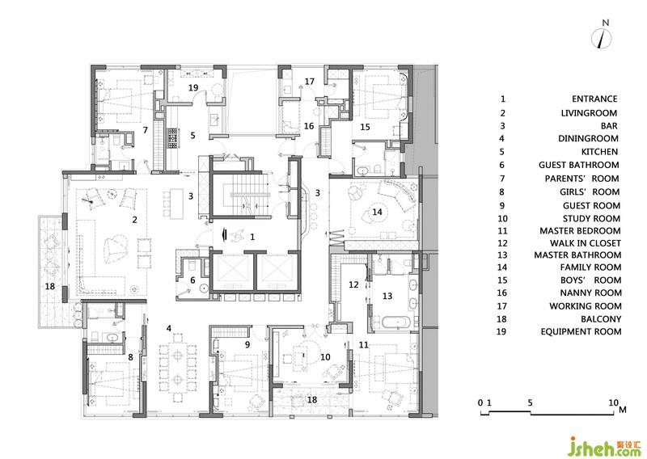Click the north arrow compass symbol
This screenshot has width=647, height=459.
602,39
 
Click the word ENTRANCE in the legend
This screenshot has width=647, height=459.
594,99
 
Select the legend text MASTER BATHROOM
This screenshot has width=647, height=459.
577,255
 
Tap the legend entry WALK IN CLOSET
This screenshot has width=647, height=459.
585,243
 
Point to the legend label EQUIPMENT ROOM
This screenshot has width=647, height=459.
581,331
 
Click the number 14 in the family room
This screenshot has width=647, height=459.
377,212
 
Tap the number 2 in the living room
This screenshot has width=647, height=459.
134,220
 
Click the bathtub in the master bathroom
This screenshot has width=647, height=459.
396,322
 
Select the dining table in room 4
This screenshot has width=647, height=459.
178,366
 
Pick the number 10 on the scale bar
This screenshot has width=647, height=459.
614,403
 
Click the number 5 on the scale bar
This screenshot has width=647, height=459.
530,403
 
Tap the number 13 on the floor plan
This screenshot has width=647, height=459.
387,296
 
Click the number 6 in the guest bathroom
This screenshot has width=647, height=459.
192,280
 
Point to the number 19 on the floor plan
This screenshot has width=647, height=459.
193,87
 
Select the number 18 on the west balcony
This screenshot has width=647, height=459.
50,286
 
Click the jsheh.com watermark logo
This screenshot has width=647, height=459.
604,446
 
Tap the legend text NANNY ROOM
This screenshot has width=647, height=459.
590,293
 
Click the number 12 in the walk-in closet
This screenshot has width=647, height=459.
353,284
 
